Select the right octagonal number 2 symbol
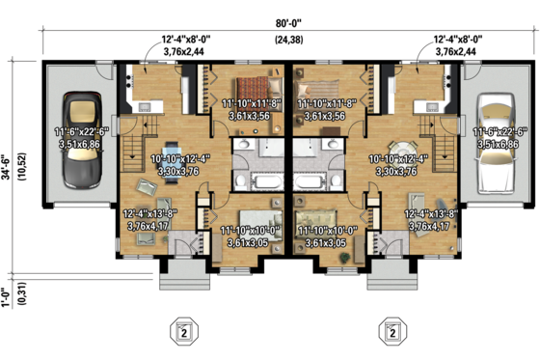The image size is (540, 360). pyautogui.click(x=391, y=332)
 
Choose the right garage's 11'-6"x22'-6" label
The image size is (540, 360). pyautogui.click(x=495, y=136)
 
